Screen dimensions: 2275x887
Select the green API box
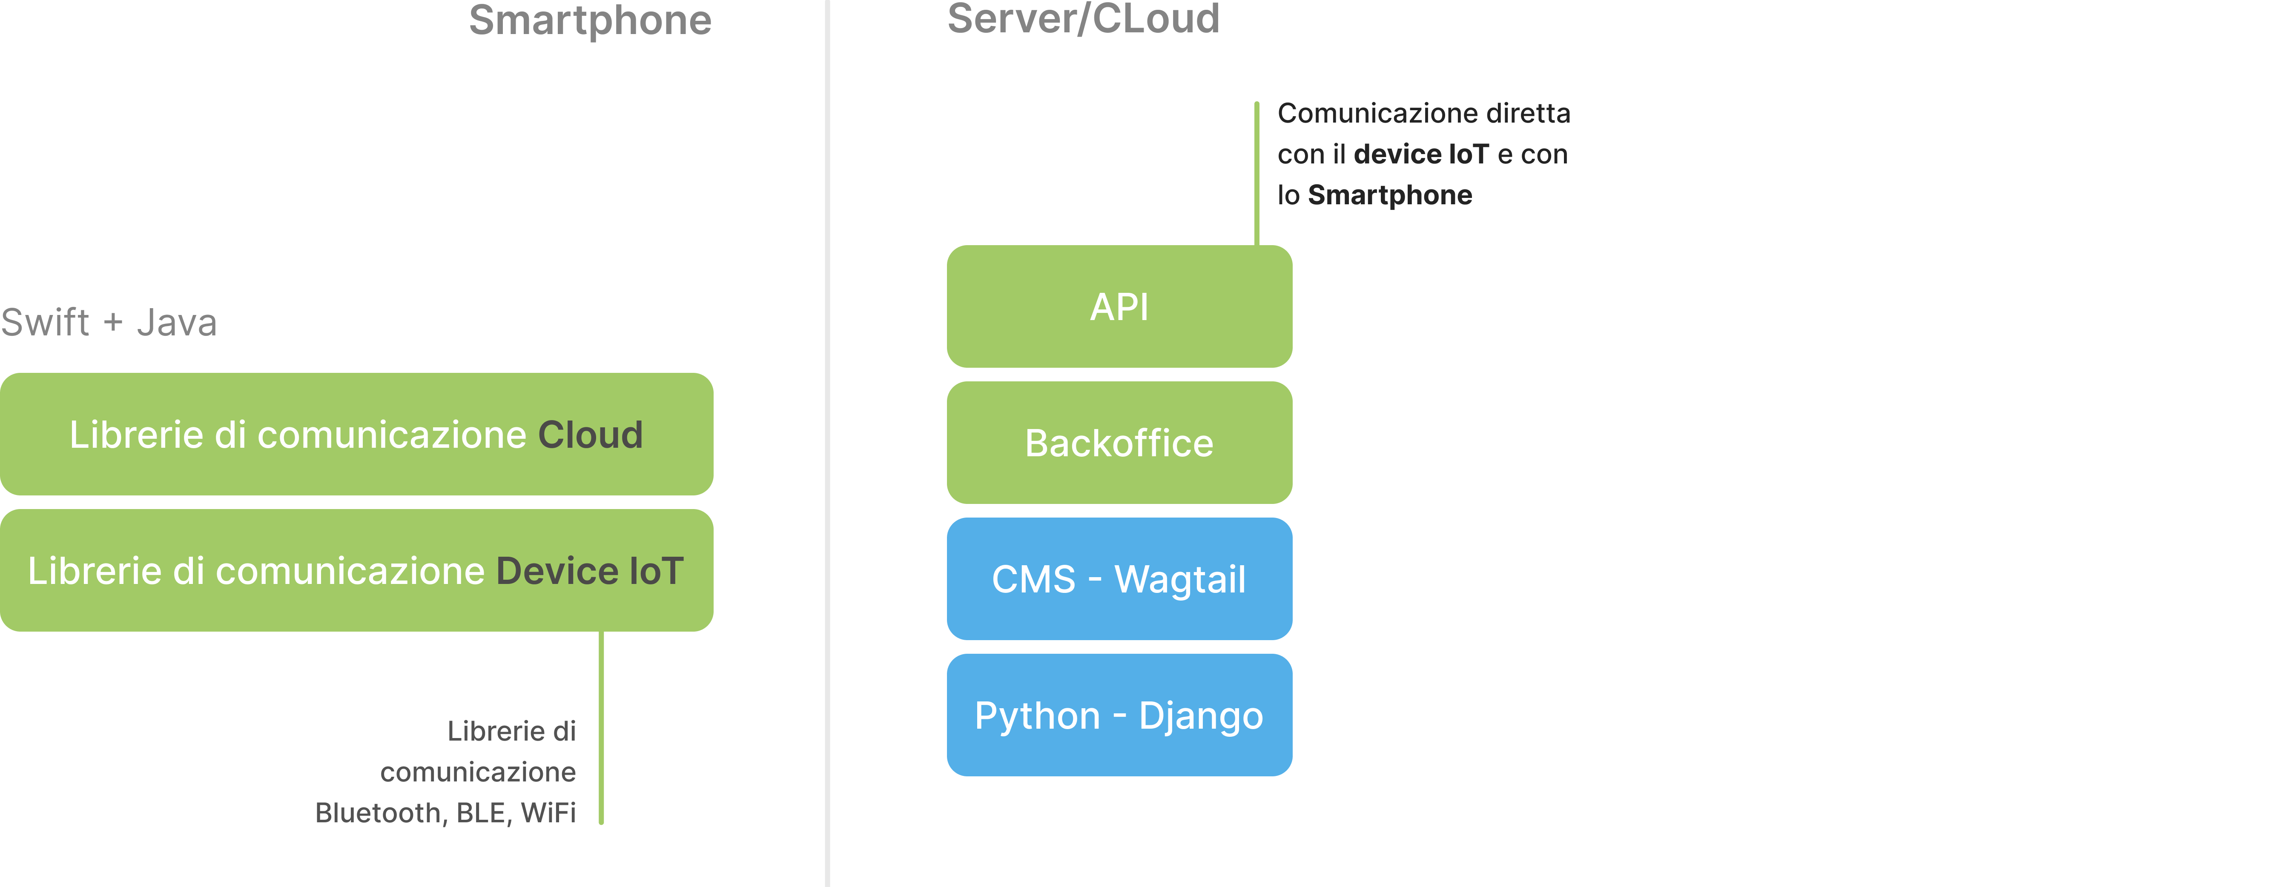pos(1119,306)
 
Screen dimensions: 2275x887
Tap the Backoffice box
pos(1119,442)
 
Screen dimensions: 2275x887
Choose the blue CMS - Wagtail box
pos(1119,579)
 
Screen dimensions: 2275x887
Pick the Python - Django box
pos(1119,715)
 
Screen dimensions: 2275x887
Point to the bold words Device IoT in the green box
pos(590,571)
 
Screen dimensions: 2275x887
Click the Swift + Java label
pos(109,322)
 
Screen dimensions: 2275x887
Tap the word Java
pos(177,322)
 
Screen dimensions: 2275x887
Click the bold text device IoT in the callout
pos(1421,155)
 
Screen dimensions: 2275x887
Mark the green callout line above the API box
pos(1257,174)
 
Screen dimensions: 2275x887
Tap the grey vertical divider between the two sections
pos(827,443)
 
